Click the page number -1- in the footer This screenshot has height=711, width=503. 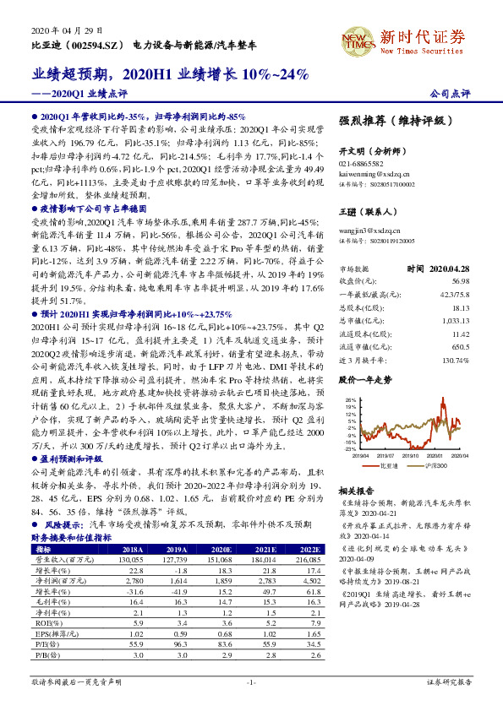point(251,681)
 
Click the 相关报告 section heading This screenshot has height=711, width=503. point(355,490)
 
